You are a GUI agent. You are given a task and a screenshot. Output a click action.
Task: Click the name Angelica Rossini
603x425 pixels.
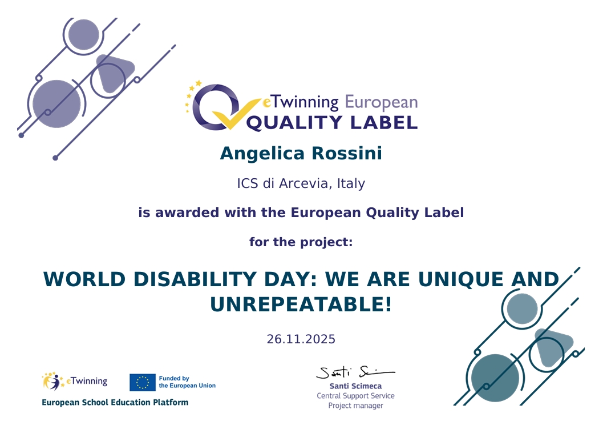coord(301,154)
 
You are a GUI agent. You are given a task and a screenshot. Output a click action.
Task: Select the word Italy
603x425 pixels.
coord(351,184)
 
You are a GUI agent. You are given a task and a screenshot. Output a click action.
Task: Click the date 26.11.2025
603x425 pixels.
coord(301,339)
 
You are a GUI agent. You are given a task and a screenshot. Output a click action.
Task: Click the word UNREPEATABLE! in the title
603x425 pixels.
coord(301,304)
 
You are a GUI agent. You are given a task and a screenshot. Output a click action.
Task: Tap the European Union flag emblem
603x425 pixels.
coord(142,382)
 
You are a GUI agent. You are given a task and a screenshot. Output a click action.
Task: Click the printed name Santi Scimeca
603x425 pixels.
coord(355,386)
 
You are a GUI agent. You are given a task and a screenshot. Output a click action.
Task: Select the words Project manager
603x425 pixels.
coord(355,406)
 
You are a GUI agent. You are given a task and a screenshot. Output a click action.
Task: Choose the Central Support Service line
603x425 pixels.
coord(355,396)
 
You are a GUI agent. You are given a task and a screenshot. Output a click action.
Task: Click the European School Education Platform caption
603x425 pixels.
coord(115,402)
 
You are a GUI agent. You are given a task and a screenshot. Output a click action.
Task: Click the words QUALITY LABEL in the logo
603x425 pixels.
coord(331,122)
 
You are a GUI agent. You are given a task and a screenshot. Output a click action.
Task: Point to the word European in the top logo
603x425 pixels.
coord(381,103)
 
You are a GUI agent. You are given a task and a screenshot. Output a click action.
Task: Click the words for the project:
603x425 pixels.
coord(301,242)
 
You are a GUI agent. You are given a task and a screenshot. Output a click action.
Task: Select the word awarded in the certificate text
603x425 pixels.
coord(188,213)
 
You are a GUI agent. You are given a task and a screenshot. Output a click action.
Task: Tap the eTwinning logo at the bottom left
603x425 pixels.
coord(75,381)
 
